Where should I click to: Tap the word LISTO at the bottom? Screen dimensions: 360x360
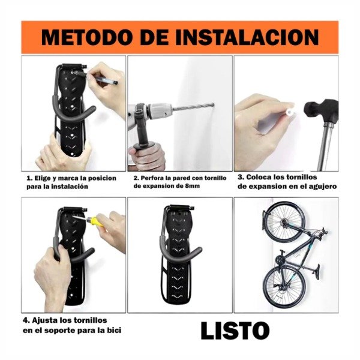coord(235,331)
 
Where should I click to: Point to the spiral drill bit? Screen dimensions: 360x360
coord(193,109)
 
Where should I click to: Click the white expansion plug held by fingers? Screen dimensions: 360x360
coord(292,112)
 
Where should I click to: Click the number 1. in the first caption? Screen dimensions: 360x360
coord(29,178)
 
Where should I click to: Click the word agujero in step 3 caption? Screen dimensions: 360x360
coord(320,187)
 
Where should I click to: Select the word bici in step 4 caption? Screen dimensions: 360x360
coord(119,331)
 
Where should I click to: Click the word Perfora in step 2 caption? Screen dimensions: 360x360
coord(154,178)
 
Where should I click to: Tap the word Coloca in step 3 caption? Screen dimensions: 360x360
coord(263,178)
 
